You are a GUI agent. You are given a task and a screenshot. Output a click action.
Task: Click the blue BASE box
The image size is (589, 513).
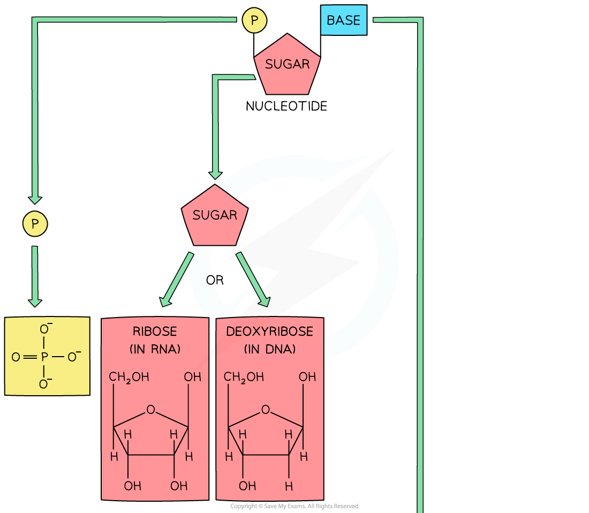coord(344,20)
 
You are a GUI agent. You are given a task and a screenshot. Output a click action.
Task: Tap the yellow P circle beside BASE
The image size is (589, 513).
coord(254,21)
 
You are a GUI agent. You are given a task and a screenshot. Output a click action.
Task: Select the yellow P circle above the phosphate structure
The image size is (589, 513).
coord(35,224)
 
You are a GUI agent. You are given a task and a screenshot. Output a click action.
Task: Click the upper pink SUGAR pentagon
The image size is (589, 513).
coord(287,65)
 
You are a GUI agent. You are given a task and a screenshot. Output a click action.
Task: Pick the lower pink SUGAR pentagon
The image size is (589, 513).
coord(214,216)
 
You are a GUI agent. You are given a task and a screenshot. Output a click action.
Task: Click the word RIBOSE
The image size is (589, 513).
coord(155,331)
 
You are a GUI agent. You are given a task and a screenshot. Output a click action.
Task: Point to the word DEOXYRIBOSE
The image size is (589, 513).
coord(269,331)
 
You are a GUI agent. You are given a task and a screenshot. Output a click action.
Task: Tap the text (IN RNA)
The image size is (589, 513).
coord(155,349)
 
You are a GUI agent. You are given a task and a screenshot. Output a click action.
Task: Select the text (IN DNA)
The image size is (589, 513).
coord(269,349)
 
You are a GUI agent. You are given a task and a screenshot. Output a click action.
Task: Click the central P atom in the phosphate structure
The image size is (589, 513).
coord(44,357)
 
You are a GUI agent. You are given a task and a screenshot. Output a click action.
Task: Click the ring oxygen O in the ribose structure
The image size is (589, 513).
coord(150,410)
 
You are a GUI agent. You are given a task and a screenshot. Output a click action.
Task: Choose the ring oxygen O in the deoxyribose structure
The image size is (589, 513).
coord(266,410)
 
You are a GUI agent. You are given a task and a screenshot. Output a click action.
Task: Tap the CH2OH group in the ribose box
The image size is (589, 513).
coord(129,377)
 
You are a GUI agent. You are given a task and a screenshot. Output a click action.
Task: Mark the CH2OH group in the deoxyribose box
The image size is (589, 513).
coord(244,377)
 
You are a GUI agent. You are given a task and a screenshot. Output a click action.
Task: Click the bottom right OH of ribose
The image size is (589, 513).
coord(179,486)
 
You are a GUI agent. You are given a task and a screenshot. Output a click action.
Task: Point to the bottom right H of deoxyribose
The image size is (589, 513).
coord(289,486)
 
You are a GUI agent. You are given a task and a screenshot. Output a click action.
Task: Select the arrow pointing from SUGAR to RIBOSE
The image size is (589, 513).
coord(177,280)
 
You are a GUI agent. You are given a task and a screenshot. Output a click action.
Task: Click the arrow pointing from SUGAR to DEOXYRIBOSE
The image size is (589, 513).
coord(252,280)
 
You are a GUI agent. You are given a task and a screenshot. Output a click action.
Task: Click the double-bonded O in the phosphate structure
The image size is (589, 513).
coord(16,357)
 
